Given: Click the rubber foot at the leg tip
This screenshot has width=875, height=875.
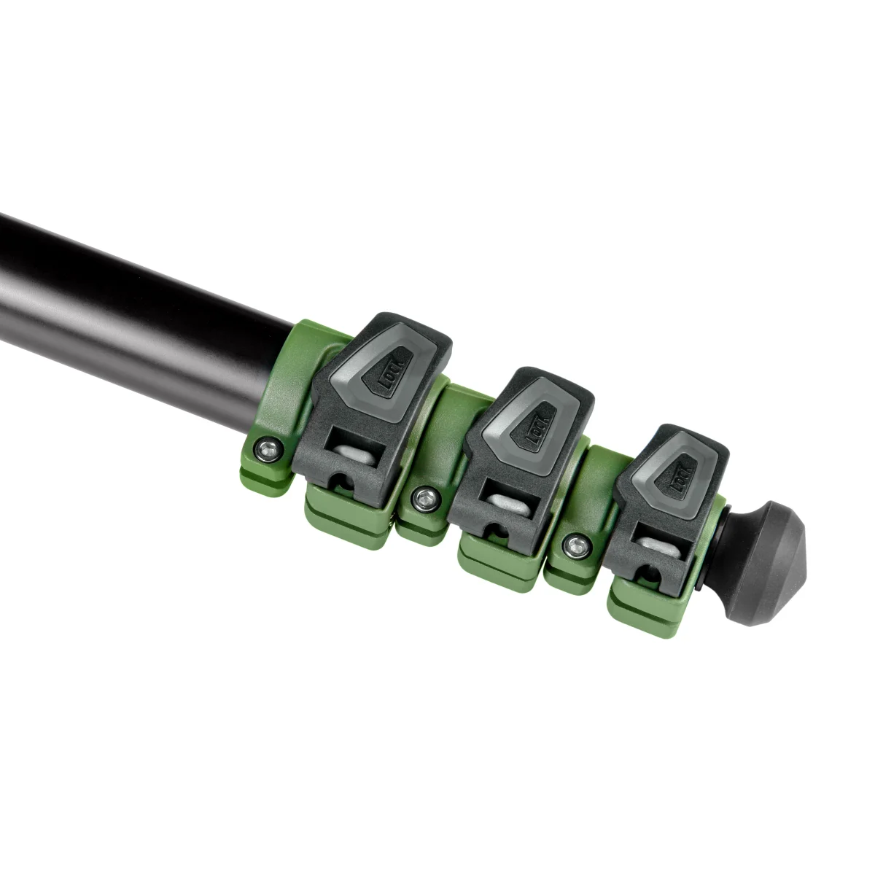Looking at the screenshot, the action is tap(763, 563).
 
